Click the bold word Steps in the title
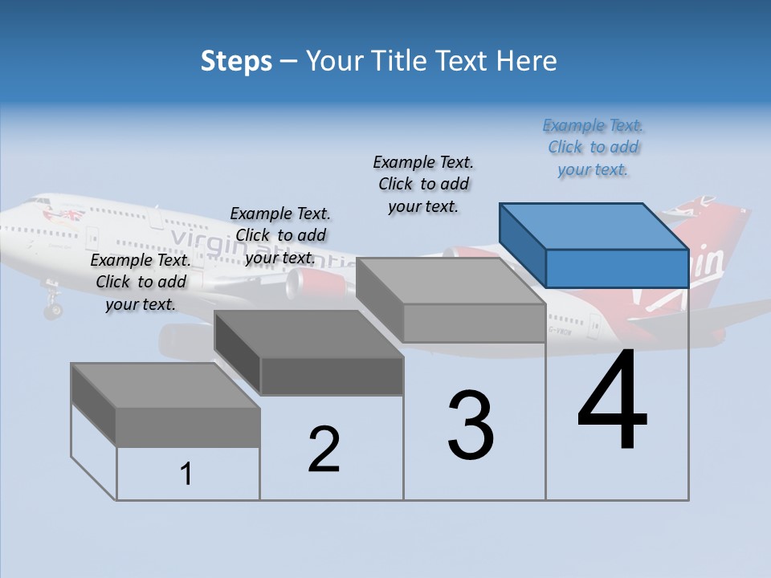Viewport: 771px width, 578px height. [x=236, y=61]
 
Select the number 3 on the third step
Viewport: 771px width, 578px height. [x=471, y=425]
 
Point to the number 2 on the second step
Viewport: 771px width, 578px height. [x=324, y=450]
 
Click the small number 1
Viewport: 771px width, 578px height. [x=186, y=474]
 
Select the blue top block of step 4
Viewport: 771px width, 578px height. [x=594, y=245]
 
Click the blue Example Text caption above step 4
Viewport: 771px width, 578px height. [x=593, y=148]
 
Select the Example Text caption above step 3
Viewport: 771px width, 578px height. [x=423, y=184]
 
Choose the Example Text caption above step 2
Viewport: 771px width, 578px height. [x=280, y=235]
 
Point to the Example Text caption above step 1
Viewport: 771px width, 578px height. [x=141, y=282]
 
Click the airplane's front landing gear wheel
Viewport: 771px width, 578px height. [x=53, y=309]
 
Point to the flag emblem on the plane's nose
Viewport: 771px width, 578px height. [x=65, y=214]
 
